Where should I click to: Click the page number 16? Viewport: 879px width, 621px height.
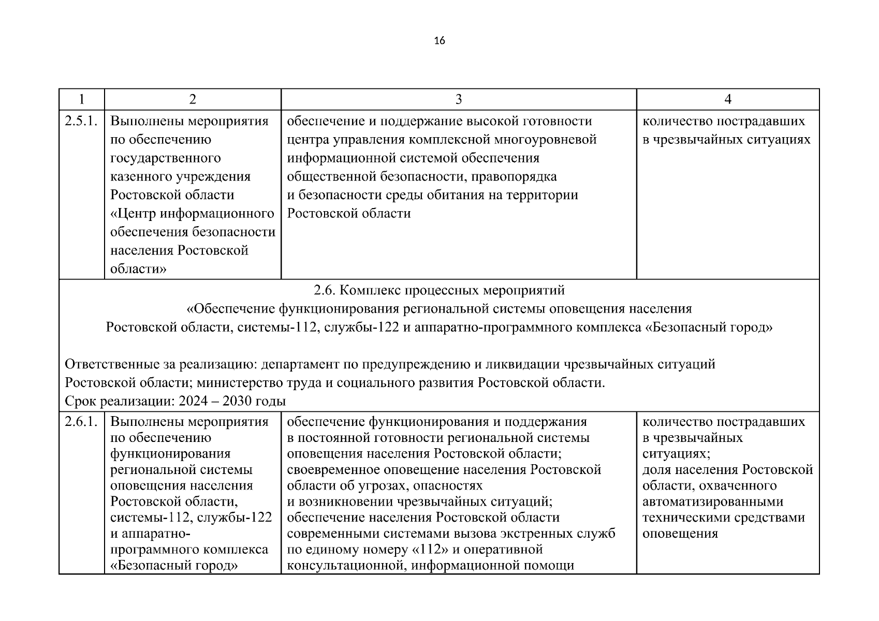(439, 41)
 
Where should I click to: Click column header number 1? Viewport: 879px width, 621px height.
(81, 99)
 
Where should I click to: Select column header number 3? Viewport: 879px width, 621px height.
(458, 99)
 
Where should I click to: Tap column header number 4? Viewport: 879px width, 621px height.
(728, 99)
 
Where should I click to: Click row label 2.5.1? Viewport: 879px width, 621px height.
(81, 121)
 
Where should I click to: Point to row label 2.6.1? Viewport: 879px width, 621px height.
(81, 422)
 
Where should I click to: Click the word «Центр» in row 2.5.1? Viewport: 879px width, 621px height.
(136, 213)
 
